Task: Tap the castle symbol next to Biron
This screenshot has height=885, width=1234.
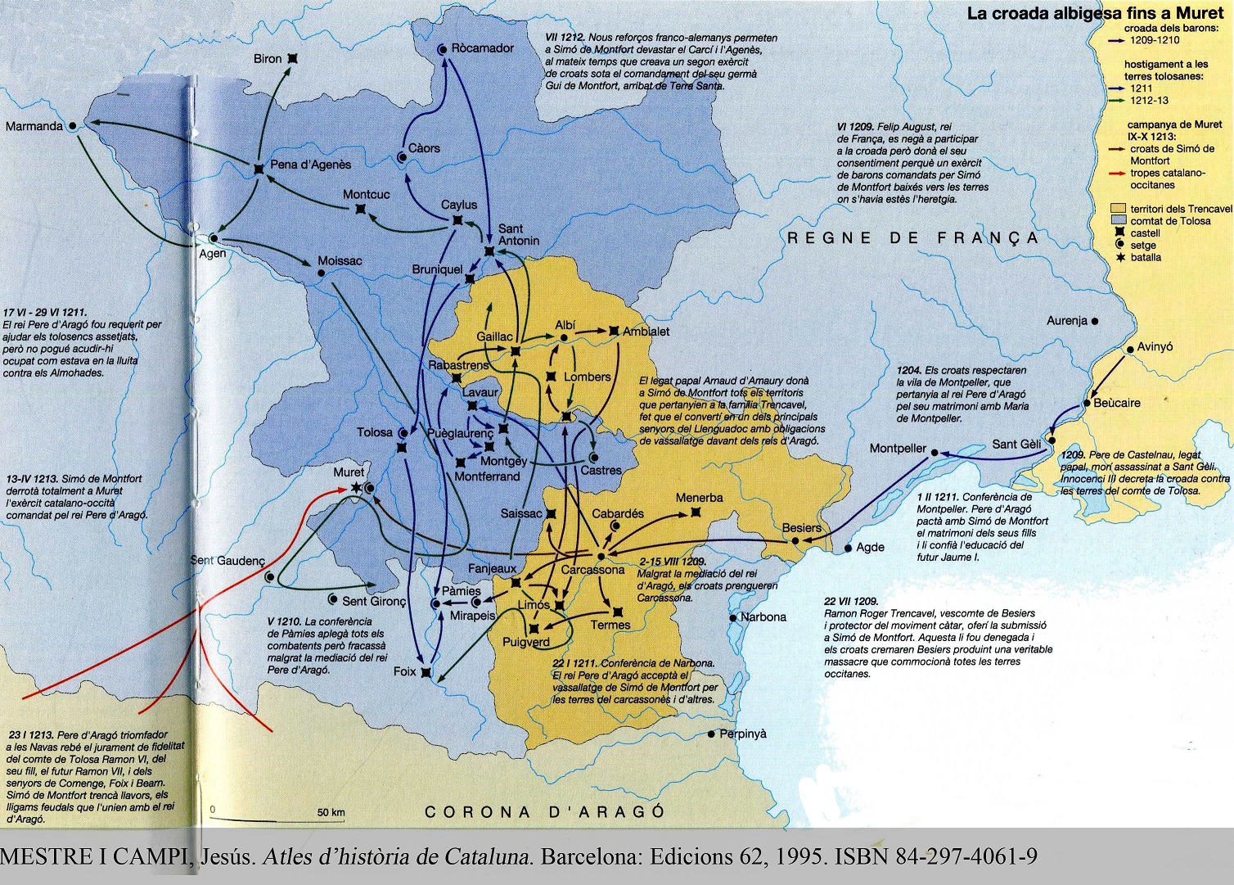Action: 292,59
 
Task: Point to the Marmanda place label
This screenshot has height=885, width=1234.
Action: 34,126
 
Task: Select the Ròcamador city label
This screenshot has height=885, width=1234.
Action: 483,48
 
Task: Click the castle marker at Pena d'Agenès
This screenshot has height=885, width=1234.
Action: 259,168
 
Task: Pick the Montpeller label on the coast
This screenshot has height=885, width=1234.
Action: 898,449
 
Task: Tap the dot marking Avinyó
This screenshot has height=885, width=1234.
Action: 1130,348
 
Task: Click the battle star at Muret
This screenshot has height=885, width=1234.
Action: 355,488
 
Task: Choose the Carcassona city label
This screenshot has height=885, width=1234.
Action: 592,570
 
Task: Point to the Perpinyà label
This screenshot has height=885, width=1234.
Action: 743,734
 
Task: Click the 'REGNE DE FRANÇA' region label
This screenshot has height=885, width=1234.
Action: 912,238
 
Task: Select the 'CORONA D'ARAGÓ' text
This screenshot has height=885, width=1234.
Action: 545,812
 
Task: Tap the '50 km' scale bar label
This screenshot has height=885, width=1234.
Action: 331,813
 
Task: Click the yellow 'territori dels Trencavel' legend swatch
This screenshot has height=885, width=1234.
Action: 1118,209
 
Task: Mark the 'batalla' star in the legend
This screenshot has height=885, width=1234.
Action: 1118,257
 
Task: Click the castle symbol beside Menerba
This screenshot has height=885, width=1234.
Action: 696,512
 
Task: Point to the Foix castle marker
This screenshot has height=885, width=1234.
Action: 425,672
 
